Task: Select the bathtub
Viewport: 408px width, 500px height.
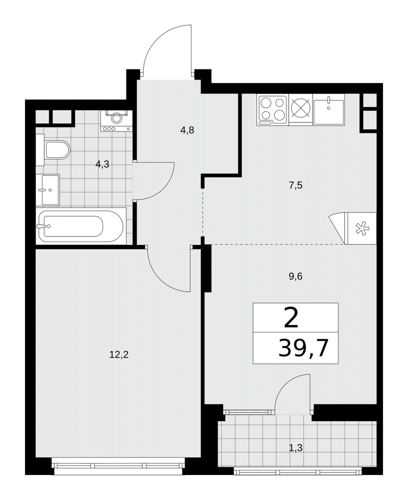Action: click(x=81, y=226)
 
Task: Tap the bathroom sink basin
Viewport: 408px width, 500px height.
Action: click(x=48, y=189)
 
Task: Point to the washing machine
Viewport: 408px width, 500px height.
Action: click(x=116, y=120)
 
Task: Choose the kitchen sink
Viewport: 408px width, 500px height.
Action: click(x=328, y=109)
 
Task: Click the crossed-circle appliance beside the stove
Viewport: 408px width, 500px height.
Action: click(x=300, y=109)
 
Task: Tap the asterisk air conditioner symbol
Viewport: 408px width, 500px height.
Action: click(x=361, y=228)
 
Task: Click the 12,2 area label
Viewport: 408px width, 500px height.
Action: click(x=118, y=354)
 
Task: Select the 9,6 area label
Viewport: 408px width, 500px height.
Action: click(x=295, y=276)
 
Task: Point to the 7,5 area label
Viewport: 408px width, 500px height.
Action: click(x=295, y=185)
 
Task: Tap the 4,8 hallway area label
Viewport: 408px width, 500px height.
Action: click(x=187, y=130)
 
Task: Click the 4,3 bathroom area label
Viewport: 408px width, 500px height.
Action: click(x=102, y=164)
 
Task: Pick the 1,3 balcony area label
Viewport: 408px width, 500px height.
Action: click(x=295, y=448)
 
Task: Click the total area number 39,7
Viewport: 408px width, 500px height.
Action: click(x=303, y=348)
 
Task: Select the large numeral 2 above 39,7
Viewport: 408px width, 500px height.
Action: click(x=291, y=319)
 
